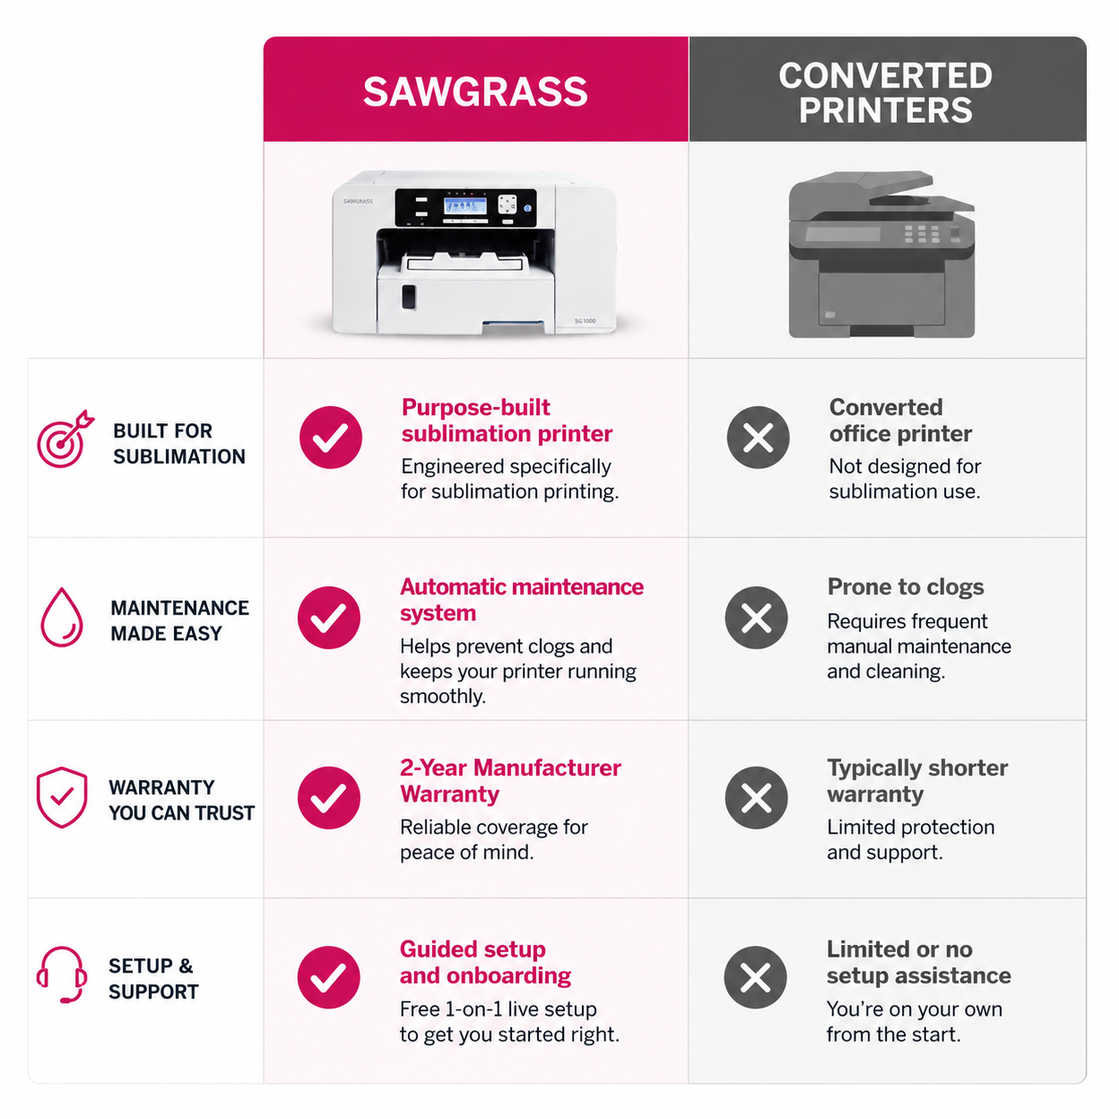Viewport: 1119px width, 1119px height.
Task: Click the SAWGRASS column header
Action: tap(475, 92)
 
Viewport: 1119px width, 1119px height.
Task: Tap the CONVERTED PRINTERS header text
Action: tap(885, 93)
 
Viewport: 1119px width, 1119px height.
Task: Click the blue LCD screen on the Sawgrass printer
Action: tap(465, 207)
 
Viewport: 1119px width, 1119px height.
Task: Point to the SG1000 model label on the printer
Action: tap(584, 320)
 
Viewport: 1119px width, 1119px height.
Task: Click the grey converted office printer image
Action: tap(881, 254)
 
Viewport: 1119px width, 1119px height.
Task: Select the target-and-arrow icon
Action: tap(65, 439)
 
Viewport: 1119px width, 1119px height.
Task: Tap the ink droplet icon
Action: tap(62, 617)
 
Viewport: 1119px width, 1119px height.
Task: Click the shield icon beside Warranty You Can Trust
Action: tap(62, 797)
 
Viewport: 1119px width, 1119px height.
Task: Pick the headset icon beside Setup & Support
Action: tap(62, 975)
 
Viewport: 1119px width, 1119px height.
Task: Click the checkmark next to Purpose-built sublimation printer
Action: tap(330, 437)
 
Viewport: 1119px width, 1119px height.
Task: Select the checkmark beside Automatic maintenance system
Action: tap(328, 618)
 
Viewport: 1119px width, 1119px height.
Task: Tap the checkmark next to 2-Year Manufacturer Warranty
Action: tap(328, 797)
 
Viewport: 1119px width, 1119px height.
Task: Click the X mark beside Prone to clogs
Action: tap(756, 618)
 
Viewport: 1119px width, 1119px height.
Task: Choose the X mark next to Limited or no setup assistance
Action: tap(755, 977)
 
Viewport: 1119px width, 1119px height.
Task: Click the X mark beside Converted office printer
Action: tap(758, 437)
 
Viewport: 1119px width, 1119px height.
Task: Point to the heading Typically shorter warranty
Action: tap(917, 781)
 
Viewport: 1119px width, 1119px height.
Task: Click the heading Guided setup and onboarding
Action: tap(485, 962)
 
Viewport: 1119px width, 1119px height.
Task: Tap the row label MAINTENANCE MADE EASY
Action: tap(179, 620)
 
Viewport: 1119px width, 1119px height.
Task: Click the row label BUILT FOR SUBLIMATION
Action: tap(178, 443)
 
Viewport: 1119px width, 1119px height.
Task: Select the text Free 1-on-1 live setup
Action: tap(498, 1009)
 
